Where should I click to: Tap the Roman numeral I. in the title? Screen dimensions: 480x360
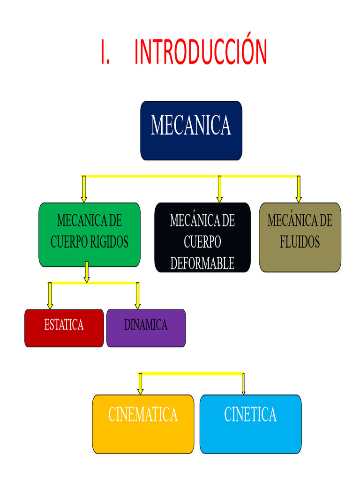[x=105, y=52]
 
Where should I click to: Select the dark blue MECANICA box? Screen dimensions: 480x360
[x=191, y=131]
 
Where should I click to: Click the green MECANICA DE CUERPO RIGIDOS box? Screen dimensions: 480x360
[x=89, y=234]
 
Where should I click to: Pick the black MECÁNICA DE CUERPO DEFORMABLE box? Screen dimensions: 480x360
[x=202, y=237]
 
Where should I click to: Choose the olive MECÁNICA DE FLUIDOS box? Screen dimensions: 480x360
[x=300, y=237]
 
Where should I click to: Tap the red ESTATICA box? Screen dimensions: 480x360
[x=64, y=328]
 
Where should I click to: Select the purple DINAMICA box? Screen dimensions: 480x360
[x=146, y=328]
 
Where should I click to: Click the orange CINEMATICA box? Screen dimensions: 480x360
[x=143, y=424]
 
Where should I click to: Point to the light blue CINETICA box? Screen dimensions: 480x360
[x=250, y=424]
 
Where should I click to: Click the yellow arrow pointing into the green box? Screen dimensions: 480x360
[x=84, y=189]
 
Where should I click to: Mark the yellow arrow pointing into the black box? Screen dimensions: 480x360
[x=219, y=189]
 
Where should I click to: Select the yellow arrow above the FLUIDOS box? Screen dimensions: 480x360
[x=299, y=189]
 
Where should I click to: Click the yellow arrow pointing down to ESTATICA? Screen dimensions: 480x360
[x=50, y=296]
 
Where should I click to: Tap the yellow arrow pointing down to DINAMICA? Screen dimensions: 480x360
[x=137, y=296]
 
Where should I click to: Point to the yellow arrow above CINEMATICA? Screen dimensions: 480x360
[x=140, y=384]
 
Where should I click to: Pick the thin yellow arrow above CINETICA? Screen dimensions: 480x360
[x=243, y=384]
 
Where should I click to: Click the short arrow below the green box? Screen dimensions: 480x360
[x=87, y=272]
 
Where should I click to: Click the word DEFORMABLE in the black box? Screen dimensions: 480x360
[x=202, y=264]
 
